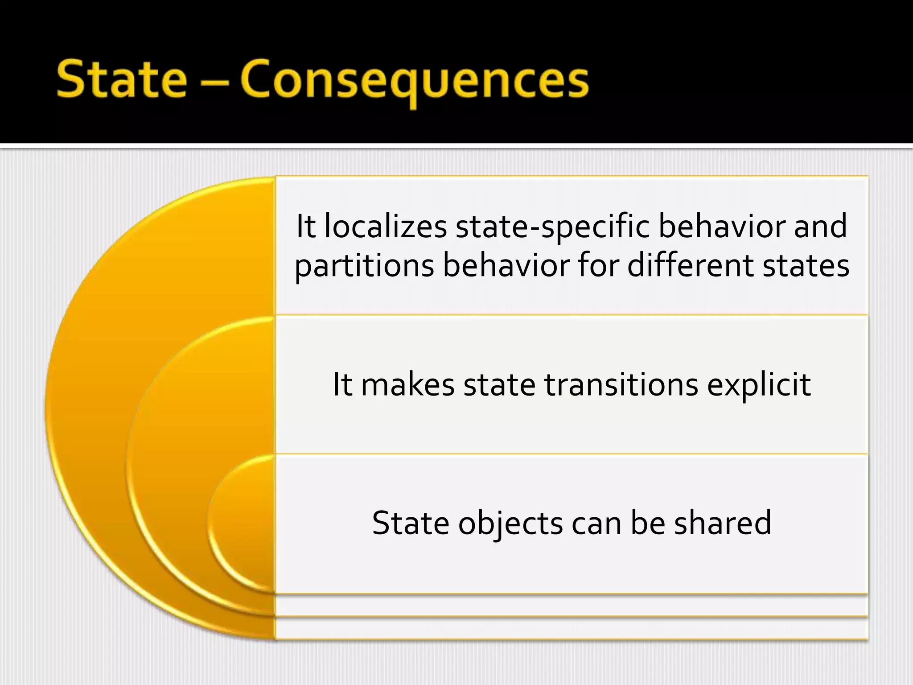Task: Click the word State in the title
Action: click(x=122, y=79)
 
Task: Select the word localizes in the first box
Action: click(x=386, y=227)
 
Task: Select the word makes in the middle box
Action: click(x=407, y=384)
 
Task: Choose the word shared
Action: click(x=723, y=523)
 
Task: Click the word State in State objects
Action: click(x=411, y=523)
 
